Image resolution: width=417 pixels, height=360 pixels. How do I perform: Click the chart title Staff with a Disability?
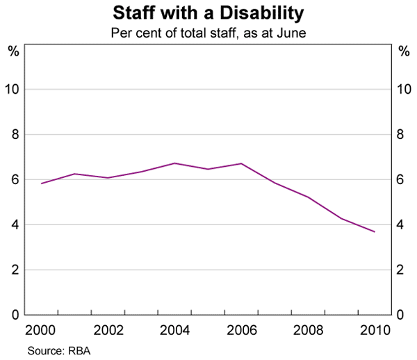(208, 13)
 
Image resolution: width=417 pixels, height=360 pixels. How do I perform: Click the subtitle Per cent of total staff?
(208, 32)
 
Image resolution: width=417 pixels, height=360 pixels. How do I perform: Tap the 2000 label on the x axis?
(42, 329)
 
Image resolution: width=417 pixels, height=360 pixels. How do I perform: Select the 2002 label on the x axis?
(108, 329)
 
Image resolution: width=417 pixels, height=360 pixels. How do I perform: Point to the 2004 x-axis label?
(175, 329)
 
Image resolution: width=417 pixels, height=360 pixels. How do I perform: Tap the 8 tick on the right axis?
(402, 135)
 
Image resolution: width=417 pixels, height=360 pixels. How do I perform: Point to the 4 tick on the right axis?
(402, 225)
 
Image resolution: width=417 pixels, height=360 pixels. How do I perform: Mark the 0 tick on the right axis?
(402, 316)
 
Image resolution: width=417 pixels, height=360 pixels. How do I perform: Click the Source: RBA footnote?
(59, 351)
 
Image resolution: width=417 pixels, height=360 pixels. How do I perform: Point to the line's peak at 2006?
(241, 163)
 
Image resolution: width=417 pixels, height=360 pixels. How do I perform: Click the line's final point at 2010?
(375, 231)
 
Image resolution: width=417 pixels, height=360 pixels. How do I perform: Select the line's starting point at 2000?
(42, 183)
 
